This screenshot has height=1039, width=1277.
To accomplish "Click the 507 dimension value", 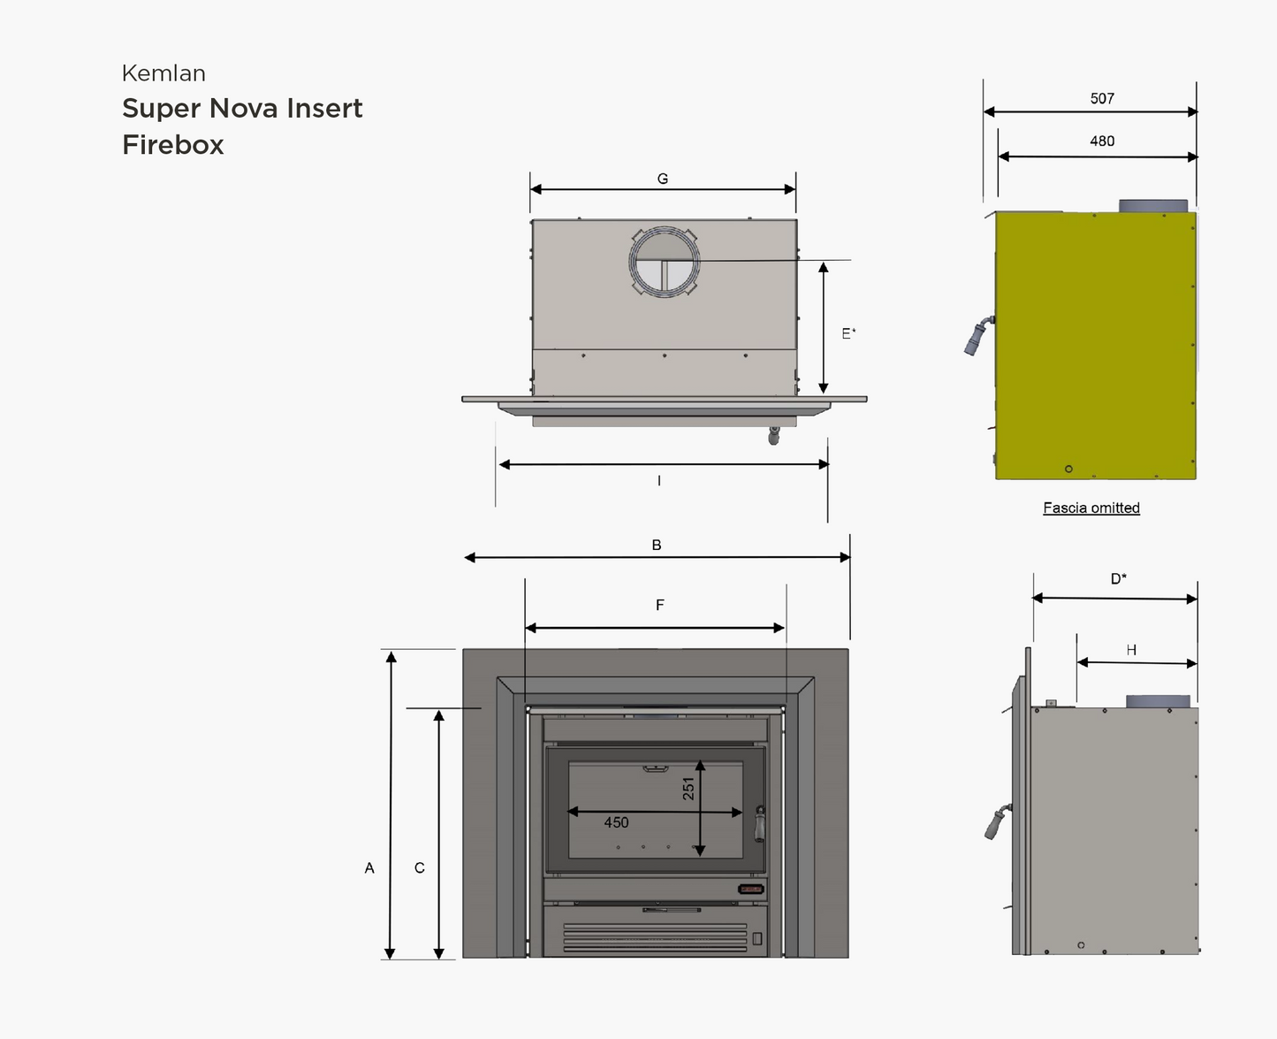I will pos(1102,98).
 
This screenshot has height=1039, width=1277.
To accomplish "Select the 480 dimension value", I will pos(1102,141).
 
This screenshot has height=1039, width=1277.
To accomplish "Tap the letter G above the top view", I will pos(663,179).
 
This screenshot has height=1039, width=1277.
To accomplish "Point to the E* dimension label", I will pos(848,333).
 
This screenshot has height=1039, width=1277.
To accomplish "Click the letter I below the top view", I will pos(659,481).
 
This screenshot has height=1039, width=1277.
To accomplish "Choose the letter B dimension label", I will pos(657,545).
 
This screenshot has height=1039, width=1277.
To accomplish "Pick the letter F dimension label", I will pos(660,605).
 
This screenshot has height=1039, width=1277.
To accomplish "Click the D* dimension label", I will pos(1119,578).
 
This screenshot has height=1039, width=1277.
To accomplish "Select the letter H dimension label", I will pos(1131,650).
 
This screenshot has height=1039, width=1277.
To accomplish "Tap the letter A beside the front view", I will pos(369,868).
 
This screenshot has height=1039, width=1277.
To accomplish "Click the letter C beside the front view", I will pos(420,868).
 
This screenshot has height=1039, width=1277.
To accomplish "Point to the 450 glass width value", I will pos(616,822).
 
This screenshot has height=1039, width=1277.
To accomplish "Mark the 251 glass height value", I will pos(688,788).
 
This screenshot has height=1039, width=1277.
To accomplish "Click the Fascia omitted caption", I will pos(1091,508).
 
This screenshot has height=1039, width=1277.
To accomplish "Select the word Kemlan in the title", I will pos(163,73).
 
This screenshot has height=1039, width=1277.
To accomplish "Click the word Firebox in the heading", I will pos(173,144).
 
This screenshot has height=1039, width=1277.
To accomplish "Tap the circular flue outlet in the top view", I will pos(665,262).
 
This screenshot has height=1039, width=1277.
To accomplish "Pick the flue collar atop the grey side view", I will pos(1158,701).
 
